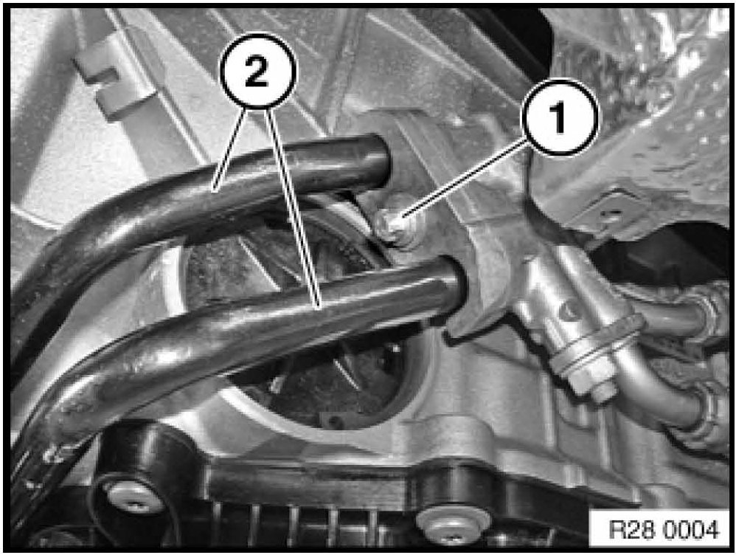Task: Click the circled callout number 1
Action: [x=560, y=117]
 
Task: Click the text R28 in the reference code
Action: [x=631, y=530]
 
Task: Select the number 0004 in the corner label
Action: [x=690, y=530]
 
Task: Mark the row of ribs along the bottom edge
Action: [x=291, y=522]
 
